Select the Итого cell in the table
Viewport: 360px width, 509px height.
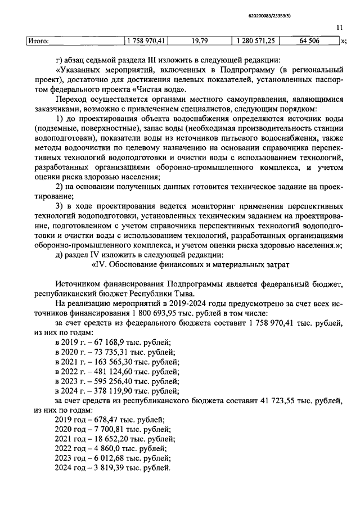[39, 40]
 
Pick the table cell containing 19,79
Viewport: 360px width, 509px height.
[200, 40]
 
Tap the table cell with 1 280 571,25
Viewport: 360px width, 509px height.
[255, 40]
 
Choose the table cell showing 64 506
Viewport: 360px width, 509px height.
[310, 40]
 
